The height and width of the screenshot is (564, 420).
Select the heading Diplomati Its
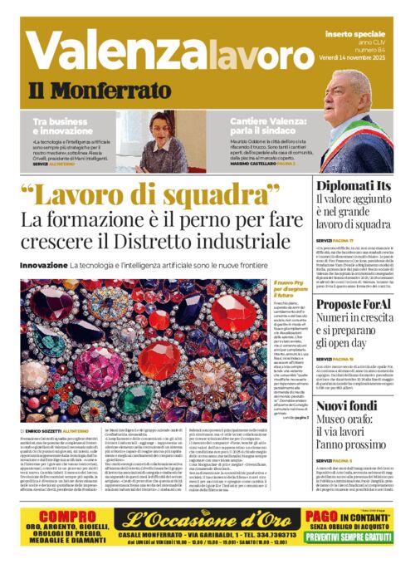click(353, 186)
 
